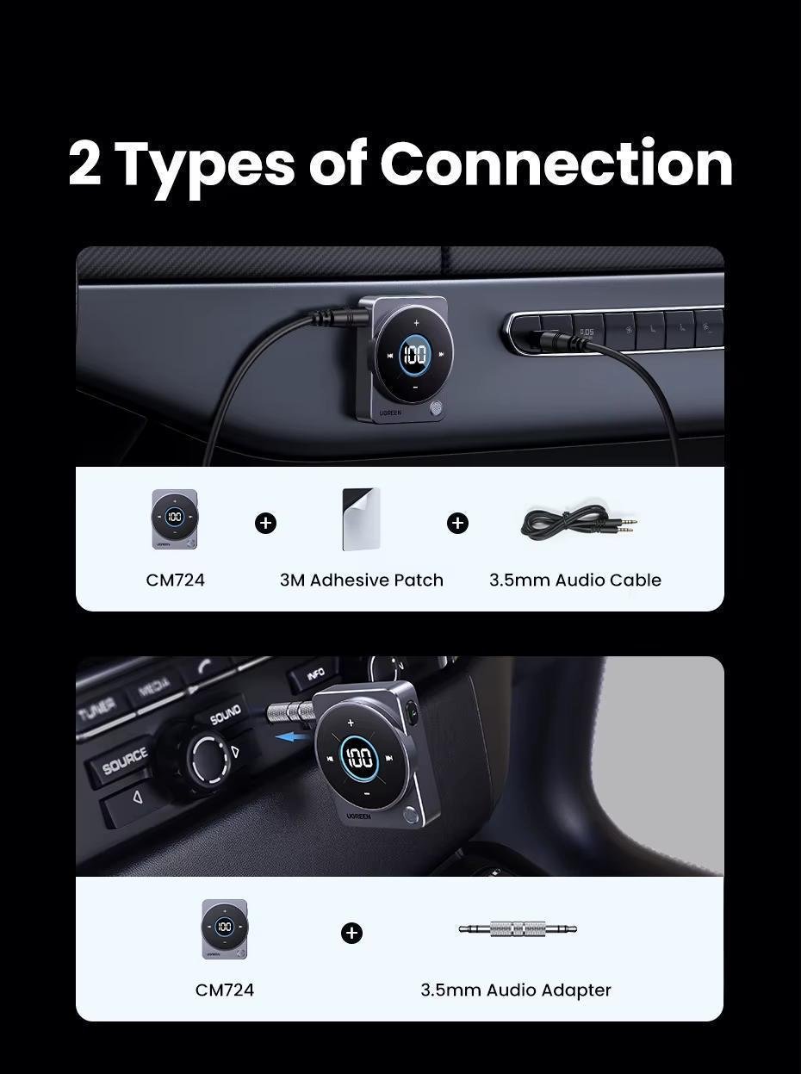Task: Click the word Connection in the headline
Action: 556,164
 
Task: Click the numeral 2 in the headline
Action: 84,164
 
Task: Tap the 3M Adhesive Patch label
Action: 362,580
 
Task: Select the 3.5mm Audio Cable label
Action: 575,580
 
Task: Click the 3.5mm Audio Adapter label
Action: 516,990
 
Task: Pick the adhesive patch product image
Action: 361,518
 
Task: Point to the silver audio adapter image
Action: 517,929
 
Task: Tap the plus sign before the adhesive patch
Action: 266,523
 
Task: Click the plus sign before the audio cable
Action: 457,523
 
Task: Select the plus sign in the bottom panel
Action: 351,933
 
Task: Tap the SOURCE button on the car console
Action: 126,761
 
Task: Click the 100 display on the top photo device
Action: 415,354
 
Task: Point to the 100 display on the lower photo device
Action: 359,758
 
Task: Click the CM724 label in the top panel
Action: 176,580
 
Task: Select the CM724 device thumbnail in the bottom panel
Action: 225,928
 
